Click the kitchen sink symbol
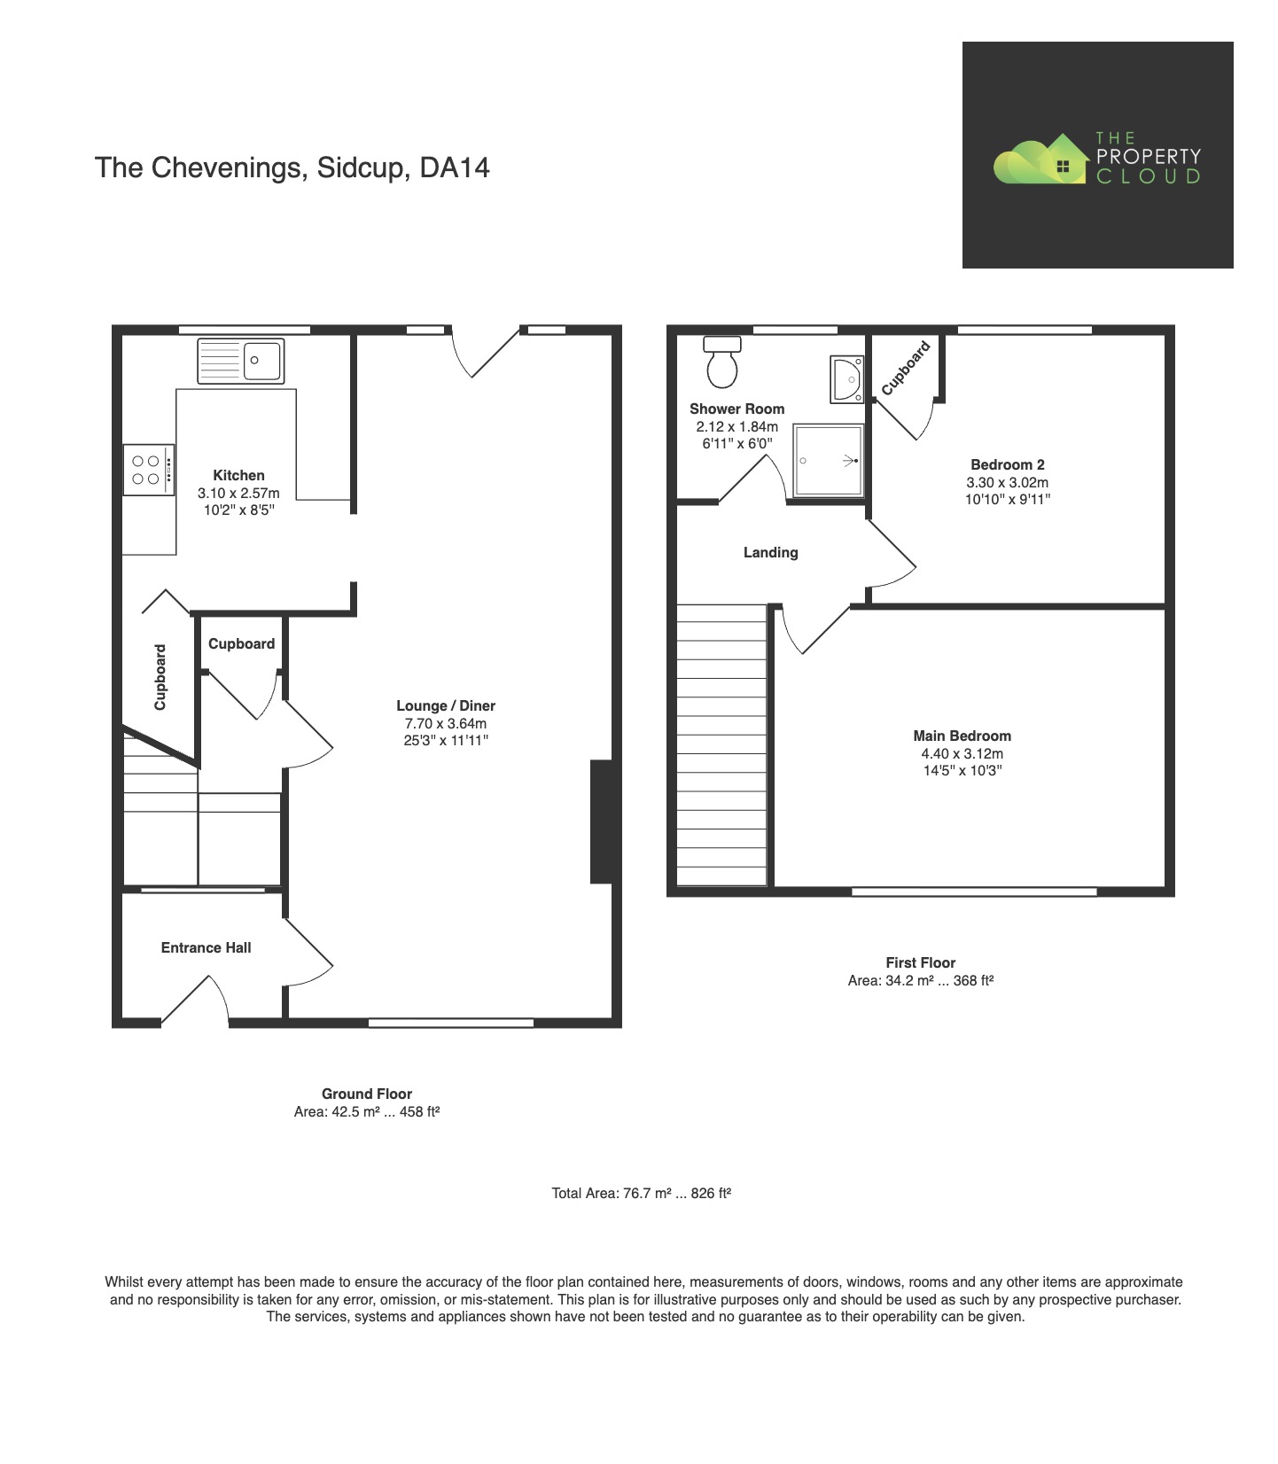(240, 361)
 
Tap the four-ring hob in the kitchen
(147, 470)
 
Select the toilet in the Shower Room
(722, 363)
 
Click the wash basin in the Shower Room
(846, 379)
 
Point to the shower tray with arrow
(828, 461)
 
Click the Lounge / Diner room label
(446, 706)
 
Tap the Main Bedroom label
(962, 736)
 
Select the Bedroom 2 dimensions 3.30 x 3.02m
(1007, 483)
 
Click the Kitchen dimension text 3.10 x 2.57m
(238, 494)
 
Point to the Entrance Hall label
(206, 948)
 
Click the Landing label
(770, 553)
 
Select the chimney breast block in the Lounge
(601, 822)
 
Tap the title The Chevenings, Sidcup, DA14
(292, 168)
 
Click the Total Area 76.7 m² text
(641, 1194)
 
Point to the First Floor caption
(920, 963)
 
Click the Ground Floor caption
(366, 1094)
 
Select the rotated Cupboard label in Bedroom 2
(906, 368)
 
